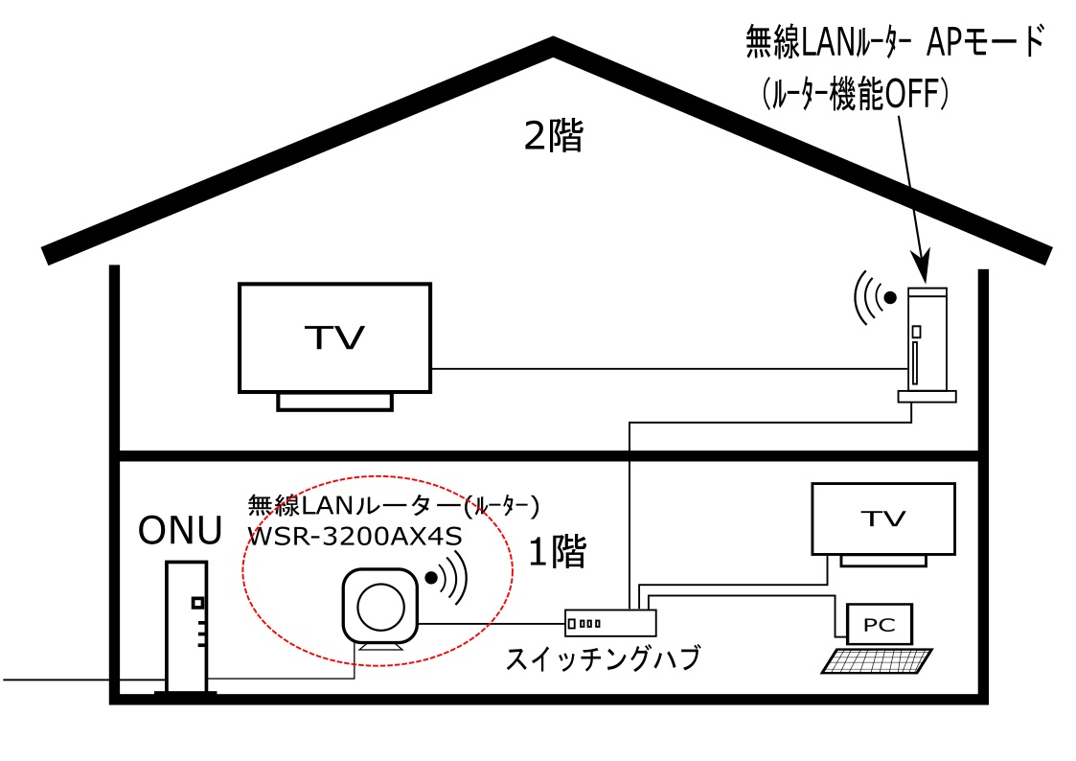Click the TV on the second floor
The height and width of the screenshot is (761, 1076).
pyautogui.click(x=334, y=336)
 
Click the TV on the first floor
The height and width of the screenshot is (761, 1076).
pyautogui.click(x=882, y=519)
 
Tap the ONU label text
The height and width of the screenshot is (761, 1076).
pyautogui.click(x=180, y=529)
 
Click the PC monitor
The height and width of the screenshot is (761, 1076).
pyautogui.click(x=880, y=624)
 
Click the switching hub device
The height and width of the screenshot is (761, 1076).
pyautogui.click(x=610, y=623)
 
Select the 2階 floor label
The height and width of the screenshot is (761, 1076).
pyautogui.click(x=552, y=138)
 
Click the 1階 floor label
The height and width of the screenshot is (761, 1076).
pyautogui.click(x=557, y=552)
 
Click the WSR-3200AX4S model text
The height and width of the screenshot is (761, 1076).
pyautogui.click(x=355, y=536)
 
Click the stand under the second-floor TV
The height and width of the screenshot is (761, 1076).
pyautogui.click(x=334, y=401)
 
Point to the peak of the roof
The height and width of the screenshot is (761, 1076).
pyautogui.click(x=553, y=43)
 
